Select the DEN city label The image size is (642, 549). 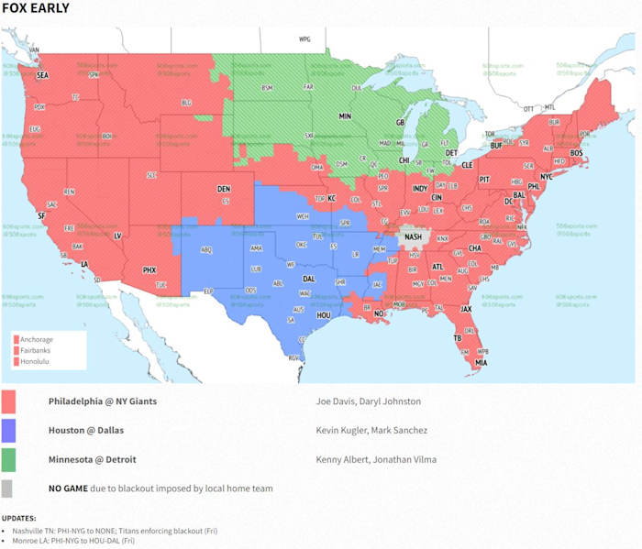tap(223, 189)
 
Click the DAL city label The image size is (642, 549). tap(309, 278)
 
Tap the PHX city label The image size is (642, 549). tap(149, 269)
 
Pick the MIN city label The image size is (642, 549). tap(345, 116)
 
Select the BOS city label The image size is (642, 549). tap(576, 152)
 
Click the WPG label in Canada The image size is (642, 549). tap(304, 40)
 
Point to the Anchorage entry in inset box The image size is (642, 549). tap(36, 340)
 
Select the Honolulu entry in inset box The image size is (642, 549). tap(35, 362)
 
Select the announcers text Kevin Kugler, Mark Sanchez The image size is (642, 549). tap(371, 430)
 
